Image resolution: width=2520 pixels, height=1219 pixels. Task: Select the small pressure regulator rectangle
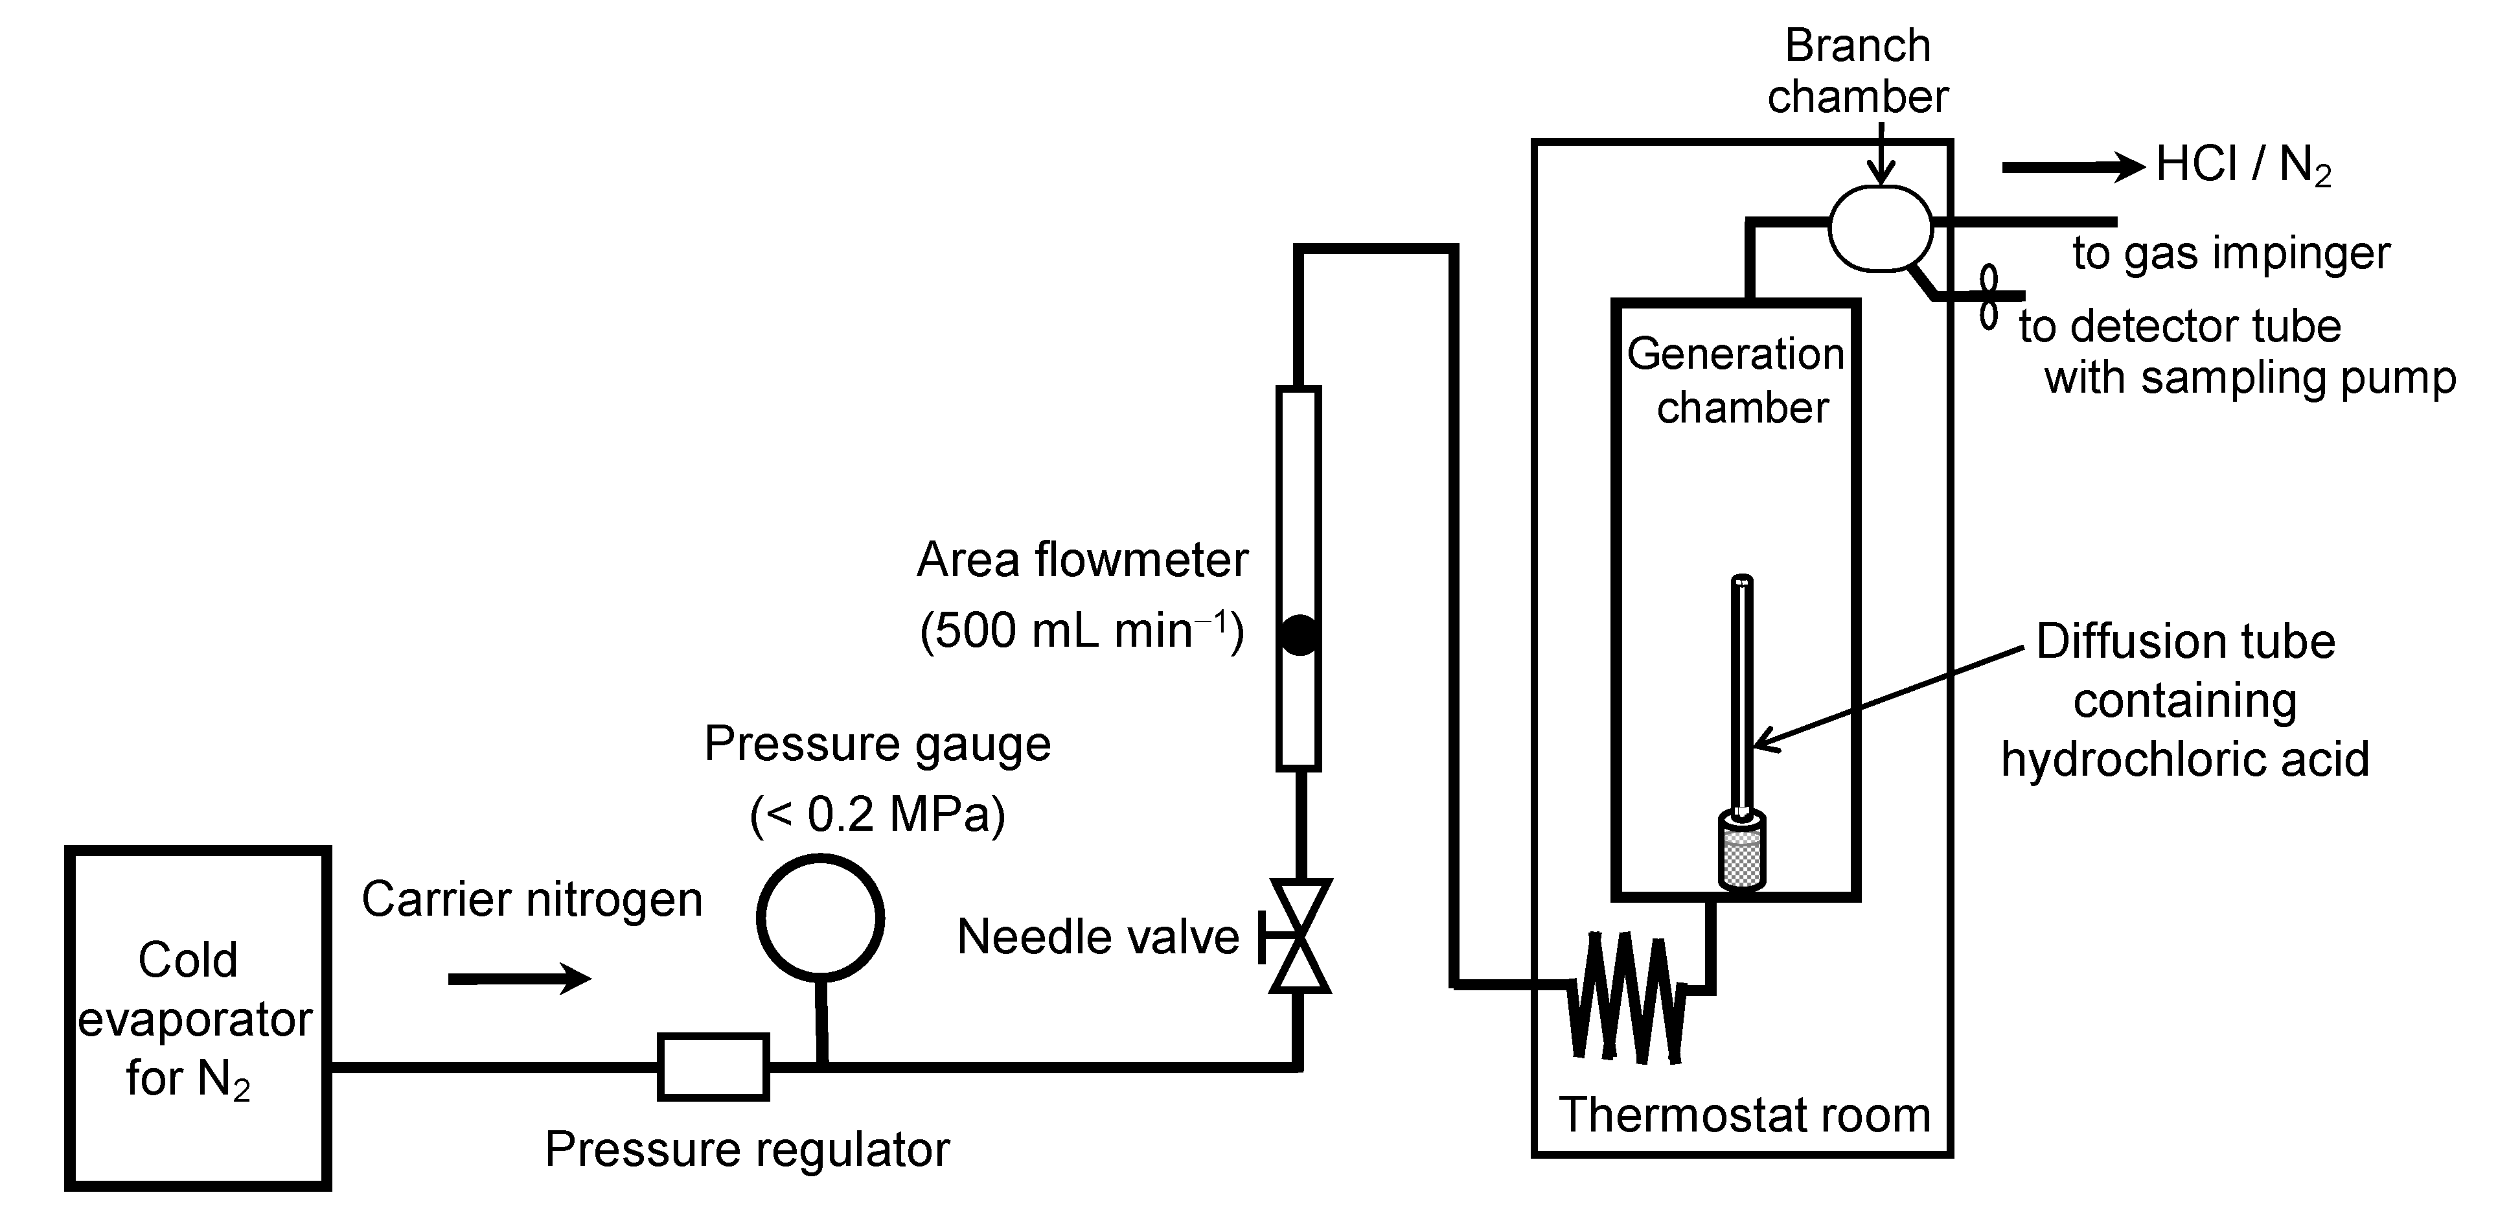click(713, 1066)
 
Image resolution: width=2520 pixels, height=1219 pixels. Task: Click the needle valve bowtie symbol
click(1299, 936)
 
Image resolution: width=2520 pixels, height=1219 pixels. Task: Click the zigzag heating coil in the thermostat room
click(1627, 998)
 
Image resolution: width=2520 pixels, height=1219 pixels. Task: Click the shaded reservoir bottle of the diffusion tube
click(1741, 851)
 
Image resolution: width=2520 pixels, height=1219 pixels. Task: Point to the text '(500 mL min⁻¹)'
click(1082, 631)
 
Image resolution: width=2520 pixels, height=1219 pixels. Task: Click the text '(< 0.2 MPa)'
click(878, 814)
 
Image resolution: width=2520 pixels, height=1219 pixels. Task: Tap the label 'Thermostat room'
click(1744, 1115)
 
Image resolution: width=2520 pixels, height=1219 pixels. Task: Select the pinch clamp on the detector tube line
click(1989, 296)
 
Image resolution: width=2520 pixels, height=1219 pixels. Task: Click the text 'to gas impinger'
click(2230, 253)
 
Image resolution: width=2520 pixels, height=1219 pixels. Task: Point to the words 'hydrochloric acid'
click(2184, 759)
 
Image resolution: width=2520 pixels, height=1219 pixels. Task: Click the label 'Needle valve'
click(1097, 937)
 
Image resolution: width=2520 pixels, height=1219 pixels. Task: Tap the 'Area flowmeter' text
click(1082, 561)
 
